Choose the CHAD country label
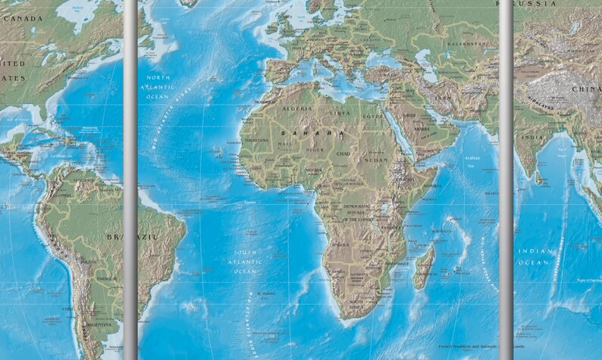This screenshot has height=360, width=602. pyautogui.click(x=343, y=154)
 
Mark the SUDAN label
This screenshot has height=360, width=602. pyautogui.click(x=375, y=161)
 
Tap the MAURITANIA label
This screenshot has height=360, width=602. pyautogui.click(x=257, y=140)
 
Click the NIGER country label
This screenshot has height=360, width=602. pyautogui.click(x=314, y=149)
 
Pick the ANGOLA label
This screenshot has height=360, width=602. pyautogui.click(x=341, y=244)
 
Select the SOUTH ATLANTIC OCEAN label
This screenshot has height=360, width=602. pyautogui.click(x=245, y=262)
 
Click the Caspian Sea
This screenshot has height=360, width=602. pyautogui.click(x=422, y=64)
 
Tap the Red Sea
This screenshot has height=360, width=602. pyautogui.click(x=397, y=130)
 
